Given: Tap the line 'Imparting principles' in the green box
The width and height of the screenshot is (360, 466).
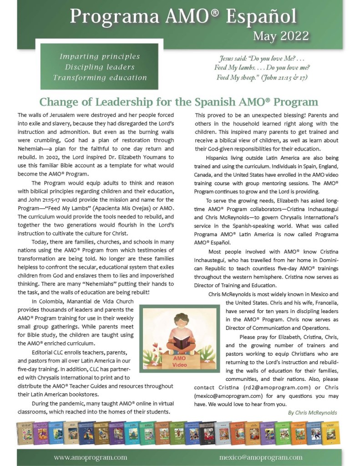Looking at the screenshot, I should (x=100, y=57).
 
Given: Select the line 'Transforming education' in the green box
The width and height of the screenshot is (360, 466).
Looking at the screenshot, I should (x=100, y=77).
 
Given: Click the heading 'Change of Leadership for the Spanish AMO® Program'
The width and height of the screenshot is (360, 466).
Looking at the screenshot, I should (x=179, y=101).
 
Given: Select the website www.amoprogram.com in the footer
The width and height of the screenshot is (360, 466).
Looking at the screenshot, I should (x=90, y=457).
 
